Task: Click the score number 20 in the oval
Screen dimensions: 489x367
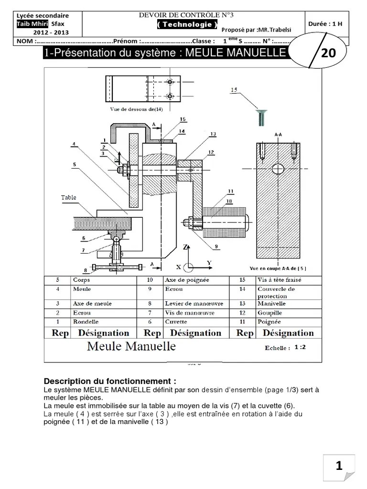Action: pos(328,53)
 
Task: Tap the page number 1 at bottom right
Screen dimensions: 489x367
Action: pos(339,466)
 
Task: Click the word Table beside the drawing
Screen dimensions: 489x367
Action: pos(68,197)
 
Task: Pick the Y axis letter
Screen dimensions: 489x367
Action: pos(209,263)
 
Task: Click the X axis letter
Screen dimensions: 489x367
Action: pos(179,267)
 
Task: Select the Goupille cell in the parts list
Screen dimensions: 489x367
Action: pos(270,313)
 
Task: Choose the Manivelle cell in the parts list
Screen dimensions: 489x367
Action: pos(271,303)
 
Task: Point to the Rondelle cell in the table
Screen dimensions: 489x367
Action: pos(85,322)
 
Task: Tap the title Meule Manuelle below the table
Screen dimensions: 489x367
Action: pos(131,346)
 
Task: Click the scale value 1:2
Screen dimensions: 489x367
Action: pos(300,347)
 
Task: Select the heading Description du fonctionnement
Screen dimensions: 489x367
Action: pos(110,381)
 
